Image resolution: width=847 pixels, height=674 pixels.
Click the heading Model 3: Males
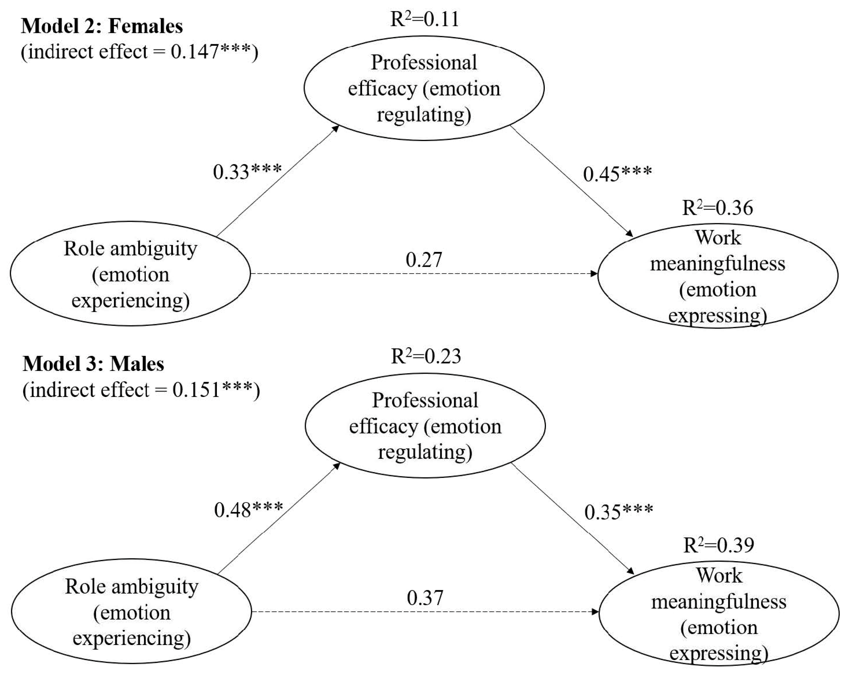[93, 364]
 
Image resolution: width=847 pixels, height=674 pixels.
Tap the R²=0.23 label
[425, 356]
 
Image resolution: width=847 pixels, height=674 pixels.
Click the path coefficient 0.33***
[247, 172]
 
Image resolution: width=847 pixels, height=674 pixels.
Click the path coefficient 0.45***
[617, 174]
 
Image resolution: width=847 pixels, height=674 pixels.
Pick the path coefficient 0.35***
[618, 512]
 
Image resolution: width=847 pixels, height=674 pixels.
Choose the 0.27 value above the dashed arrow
[424, 260]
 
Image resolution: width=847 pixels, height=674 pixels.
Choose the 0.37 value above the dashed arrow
[425, 598]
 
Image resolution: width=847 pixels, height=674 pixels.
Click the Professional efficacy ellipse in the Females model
[424, 88]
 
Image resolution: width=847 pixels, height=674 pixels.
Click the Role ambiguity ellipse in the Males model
[131, 612]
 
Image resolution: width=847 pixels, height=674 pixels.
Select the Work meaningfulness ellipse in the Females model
[717, 276]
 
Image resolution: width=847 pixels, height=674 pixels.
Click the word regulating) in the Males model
[425, 452]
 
